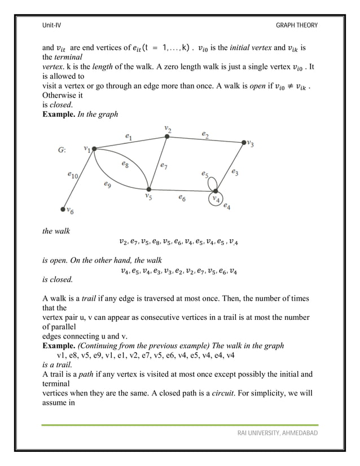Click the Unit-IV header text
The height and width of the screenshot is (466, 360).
[x=51, y=25]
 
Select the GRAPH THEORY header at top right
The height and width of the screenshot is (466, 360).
[x=297, y=25]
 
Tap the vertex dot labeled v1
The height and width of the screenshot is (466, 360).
[x=94, y=149]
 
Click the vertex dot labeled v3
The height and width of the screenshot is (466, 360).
[x=244, y=142]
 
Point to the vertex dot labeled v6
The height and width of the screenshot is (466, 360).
[x=63, y=209]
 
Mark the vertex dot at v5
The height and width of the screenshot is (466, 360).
[x=149, y=190]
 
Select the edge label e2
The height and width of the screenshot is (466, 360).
[x=205, y=134]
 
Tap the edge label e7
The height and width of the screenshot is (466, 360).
[x=163, y=166]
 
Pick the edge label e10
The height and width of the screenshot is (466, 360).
[x=73, y=175]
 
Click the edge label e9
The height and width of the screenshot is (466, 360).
[x=107, y=183]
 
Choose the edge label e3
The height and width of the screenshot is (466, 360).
[x=234, y=172]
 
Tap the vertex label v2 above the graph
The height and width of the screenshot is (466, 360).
[x=167, y=129]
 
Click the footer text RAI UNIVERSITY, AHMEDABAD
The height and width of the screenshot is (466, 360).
[x=277, y=433]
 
